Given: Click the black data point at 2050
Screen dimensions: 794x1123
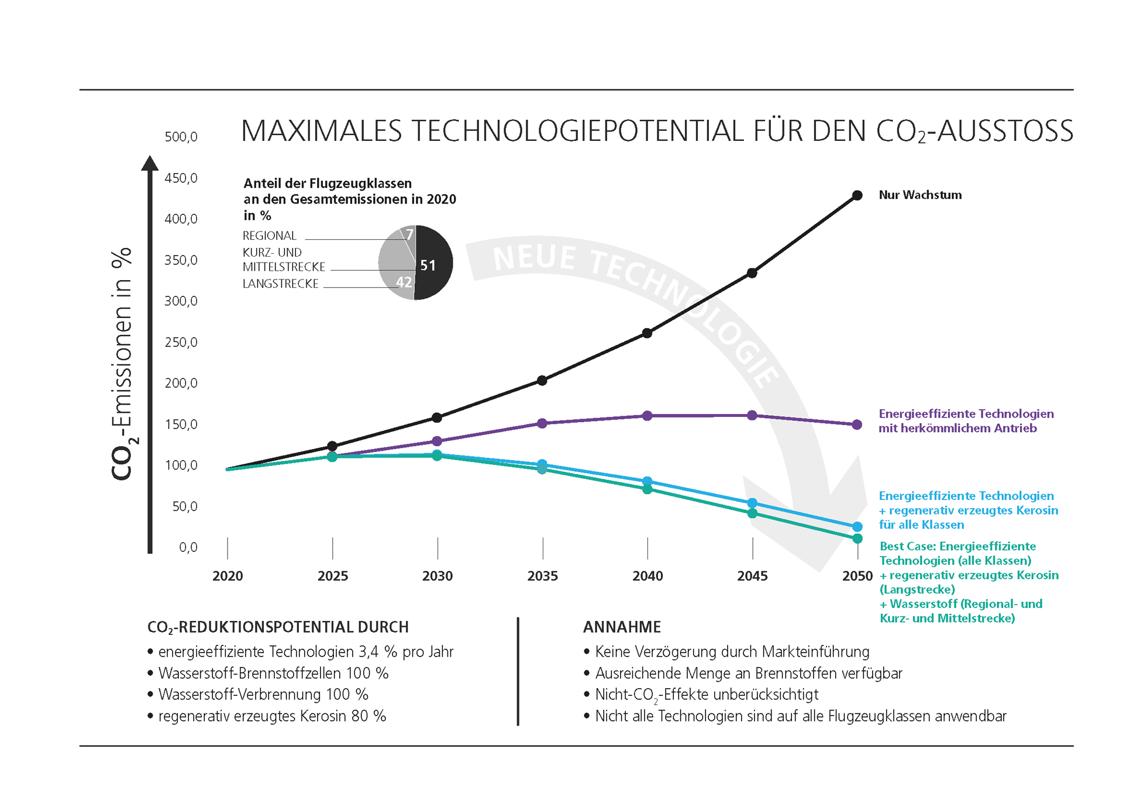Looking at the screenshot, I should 857,195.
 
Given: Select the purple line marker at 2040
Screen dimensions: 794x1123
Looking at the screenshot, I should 647,416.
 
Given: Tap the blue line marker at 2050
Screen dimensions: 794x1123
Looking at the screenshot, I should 857,527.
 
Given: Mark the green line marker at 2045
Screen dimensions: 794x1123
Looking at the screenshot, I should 752,513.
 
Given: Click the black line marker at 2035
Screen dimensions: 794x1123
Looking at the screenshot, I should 542,381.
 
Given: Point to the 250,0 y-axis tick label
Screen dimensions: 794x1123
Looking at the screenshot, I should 181,342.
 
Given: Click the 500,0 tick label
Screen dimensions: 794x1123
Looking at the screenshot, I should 181,137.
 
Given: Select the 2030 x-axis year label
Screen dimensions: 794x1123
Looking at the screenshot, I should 437,576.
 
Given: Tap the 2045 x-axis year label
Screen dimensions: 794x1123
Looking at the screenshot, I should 752,576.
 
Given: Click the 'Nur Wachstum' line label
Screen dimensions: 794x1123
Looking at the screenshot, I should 919,195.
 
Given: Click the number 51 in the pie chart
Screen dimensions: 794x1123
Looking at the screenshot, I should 428,265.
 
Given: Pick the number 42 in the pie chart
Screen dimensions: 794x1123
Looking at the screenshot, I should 404,282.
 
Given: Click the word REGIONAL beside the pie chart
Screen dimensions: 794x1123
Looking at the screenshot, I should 270,236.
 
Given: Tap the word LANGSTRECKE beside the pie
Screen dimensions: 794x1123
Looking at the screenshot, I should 280,284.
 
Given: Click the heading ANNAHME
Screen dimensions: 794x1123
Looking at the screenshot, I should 621,627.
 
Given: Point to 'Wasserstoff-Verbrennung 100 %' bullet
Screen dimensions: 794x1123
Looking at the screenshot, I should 263,695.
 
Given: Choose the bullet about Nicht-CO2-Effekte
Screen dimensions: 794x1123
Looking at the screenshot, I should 706,695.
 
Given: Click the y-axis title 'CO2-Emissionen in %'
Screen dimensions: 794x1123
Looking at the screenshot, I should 122,364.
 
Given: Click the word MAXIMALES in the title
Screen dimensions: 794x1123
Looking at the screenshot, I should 321,131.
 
